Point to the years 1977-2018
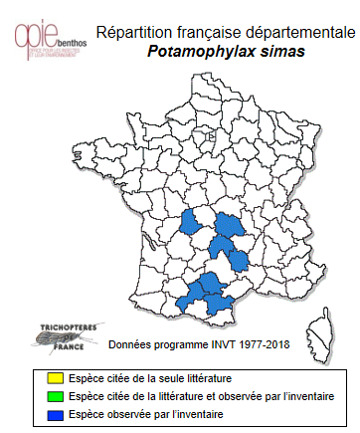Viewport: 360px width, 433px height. tap(262, 343)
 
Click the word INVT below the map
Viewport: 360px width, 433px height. tap(216, 343)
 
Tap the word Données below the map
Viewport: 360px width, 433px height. tap(129, 343)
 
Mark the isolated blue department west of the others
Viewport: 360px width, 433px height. tap(191, 223)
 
